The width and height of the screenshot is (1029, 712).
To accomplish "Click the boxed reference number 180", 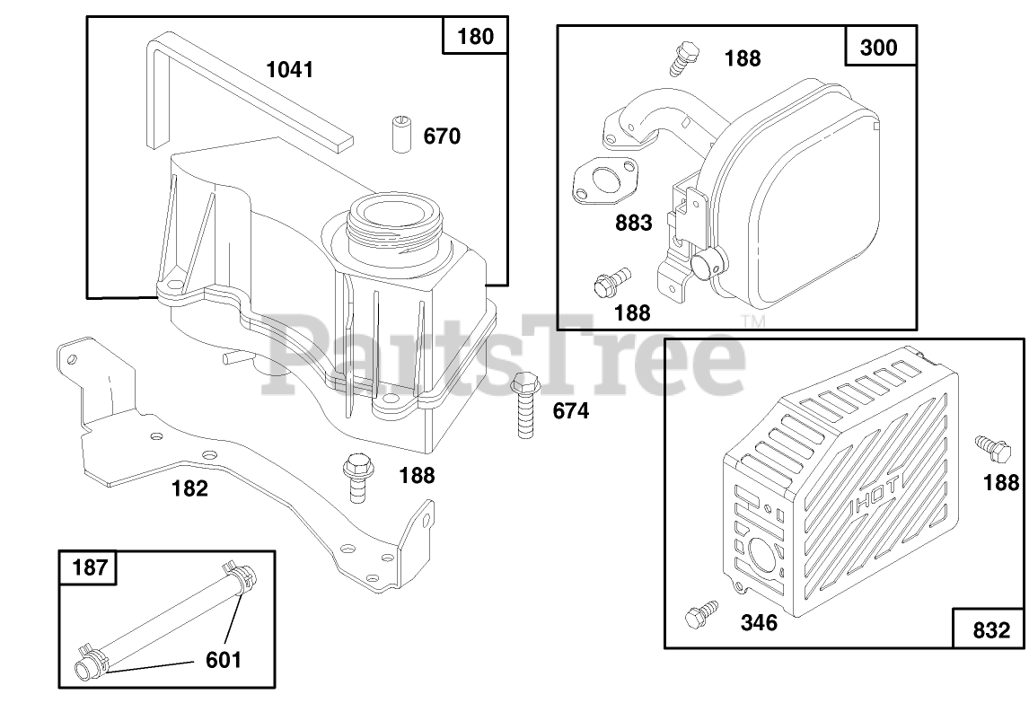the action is (475, 35).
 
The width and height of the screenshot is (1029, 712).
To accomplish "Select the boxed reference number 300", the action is (878, 48).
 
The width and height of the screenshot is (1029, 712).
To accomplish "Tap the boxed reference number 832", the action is (991, 630).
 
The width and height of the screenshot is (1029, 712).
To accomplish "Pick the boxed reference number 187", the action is (89, 567).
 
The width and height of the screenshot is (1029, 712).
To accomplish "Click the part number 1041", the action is (289, 69).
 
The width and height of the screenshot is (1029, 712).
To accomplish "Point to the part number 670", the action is (442, 136).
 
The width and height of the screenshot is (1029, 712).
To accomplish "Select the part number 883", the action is (633, 223).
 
